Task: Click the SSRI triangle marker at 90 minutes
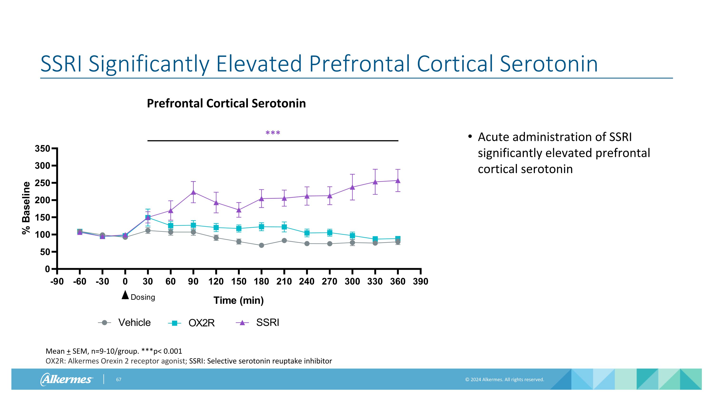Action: point(193,192)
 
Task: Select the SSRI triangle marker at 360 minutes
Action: point(398,180)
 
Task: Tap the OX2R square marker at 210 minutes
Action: point(284,227)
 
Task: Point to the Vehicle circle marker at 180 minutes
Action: point(261,245)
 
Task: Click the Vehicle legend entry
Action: point(125,323)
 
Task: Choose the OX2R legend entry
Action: point(192,323)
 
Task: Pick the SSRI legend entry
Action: point(258,323)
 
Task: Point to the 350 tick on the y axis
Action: point(42,149)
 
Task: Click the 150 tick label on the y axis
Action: point(42,217)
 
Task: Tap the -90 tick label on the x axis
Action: point(57,281)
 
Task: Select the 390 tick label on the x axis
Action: point(420,281)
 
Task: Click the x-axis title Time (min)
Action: point(239,300)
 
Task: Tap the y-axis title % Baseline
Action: point(26,208)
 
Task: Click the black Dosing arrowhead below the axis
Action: point(125,295)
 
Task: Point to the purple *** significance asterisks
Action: point(273,133)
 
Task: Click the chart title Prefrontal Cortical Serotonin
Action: point(226,103)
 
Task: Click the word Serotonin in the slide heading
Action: point(549,64)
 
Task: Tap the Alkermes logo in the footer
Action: point(67,379)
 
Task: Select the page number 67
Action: point(118,379)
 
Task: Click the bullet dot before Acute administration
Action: point(470,137)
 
